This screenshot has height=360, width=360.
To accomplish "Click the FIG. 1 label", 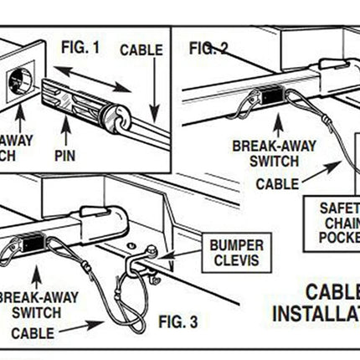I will (x=79, y=47).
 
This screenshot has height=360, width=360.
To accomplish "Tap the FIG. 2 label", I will (x=208, y=48).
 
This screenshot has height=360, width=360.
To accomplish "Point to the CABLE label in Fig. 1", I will (x=141, y=50).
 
